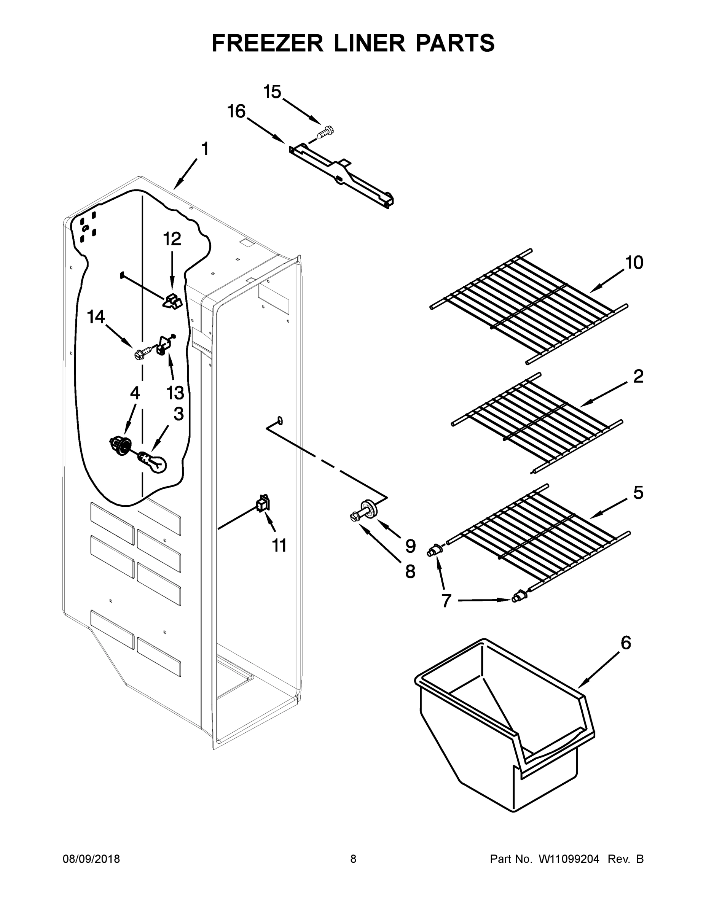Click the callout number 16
coord(236,112)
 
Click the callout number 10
coord(634,263)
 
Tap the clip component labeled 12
coord(172,301)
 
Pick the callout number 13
coord(175,393)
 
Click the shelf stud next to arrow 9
coord(368,509)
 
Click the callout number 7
coord(446,601)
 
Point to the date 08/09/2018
coord(91,859)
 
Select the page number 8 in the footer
coord(353,859)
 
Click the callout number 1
coord(205,149)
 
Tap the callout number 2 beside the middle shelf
coord(638,377)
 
